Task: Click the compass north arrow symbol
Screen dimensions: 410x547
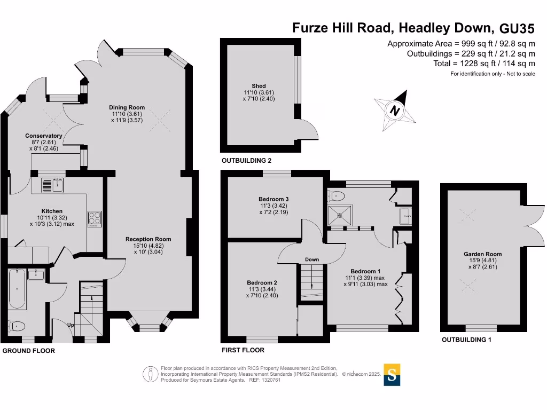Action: (395, 111)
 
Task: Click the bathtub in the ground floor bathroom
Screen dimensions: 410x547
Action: (17, 289)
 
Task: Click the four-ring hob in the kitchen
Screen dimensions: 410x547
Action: (94, 218)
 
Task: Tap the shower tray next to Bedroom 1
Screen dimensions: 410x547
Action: (338, 215)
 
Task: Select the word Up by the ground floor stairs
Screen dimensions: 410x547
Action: (71, 325)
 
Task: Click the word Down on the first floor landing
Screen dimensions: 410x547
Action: (312, 259)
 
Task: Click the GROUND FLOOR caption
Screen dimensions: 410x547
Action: (29, 351)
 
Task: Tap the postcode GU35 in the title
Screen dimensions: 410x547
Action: (516, 28)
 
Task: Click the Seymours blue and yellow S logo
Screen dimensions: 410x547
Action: (392, 374)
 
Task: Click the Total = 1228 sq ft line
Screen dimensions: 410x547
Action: (484, 63)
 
